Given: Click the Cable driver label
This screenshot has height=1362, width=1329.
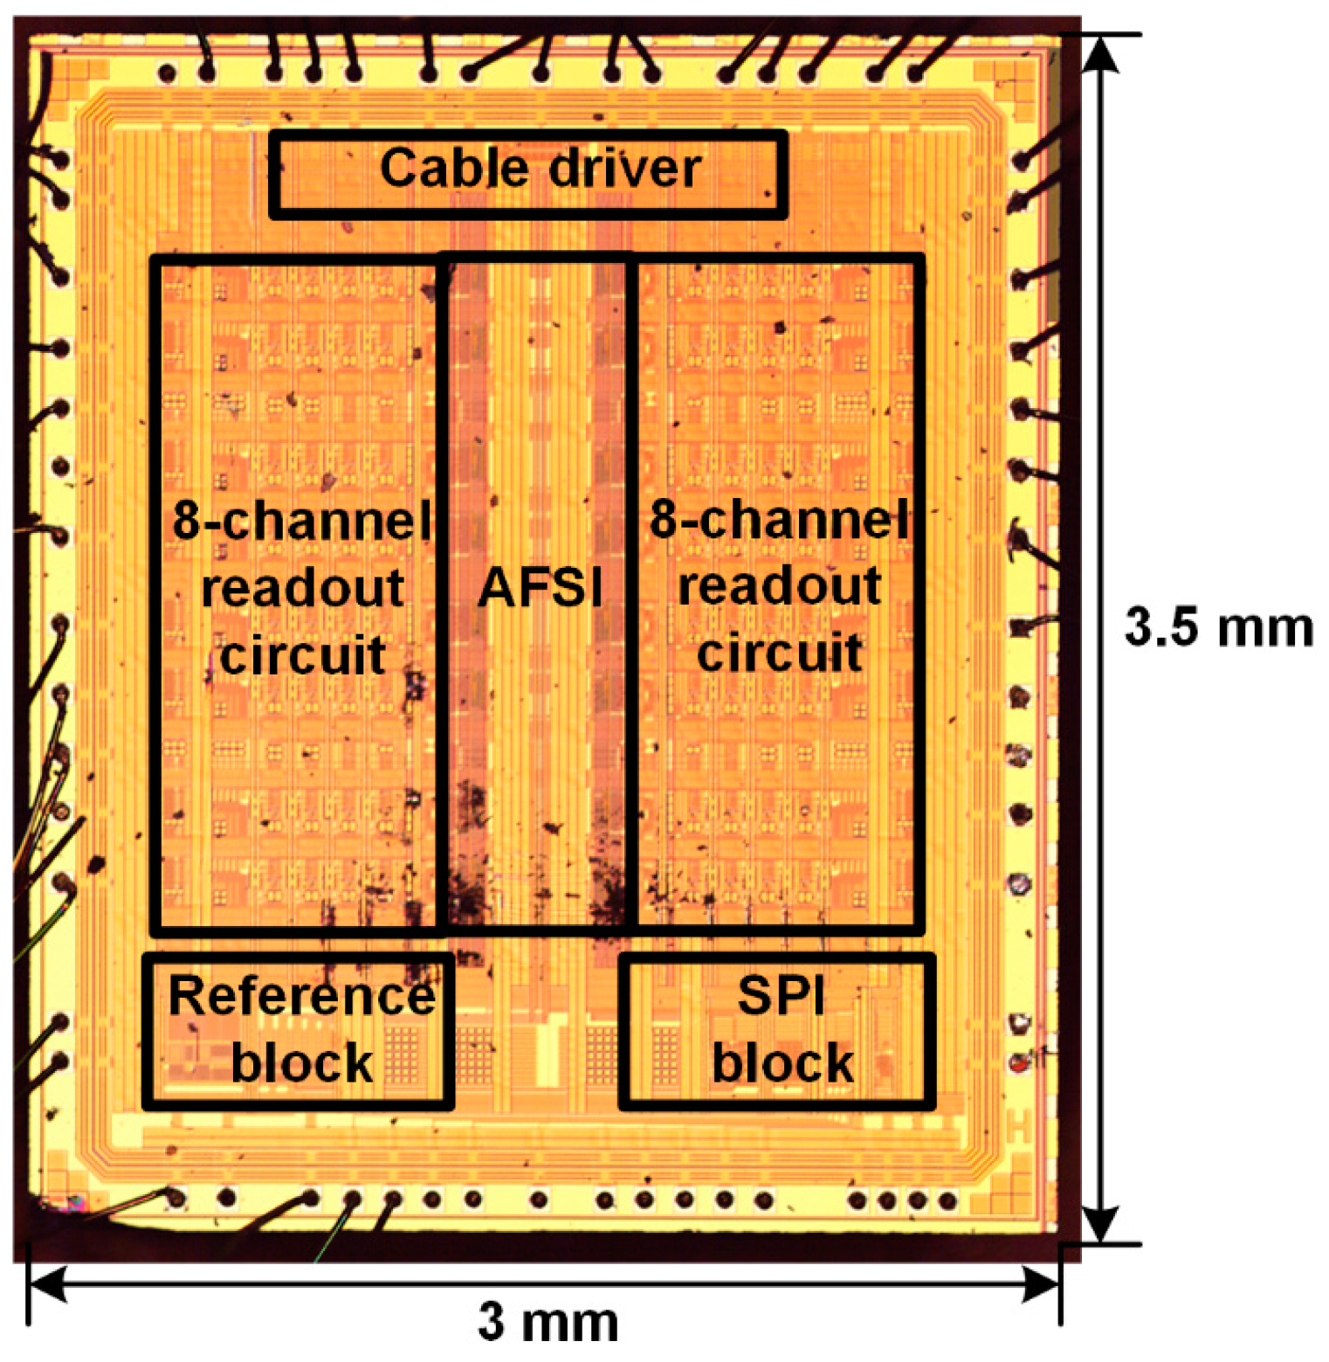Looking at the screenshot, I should pyautogui.click(x=540, y=168).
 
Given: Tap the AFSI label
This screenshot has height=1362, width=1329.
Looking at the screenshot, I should pyautogui.click(x=541, y=587).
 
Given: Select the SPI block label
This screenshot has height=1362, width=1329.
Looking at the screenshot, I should pyautogui.click(x=782, y=1029).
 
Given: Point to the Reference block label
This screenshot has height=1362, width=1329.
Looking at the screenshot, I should pyautogui.click(x=301, y=1029).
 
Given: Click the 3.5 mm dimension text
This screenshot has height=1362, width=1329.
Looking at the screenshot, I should pyautogui.click(x=1218, y=627).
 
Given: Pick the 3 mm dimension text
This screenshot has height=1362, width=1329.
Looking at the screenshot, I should pyautogui.click(x=547, y=1322).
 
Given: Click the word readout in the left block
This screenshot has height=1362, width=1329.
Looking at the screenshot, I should pyautogui.click(x=302, y=587).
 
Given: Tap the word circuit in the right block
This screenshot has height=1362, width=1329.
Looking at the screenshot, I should pyautogui.click(x=780, y=653).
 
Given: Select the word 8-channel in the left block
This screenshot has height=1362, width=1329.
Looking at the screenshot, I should pyautogui.click(x=302, y=521).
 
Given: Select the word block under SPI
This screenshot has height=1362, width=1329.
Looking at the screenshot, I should pyautogui.click(x=782, y=1063).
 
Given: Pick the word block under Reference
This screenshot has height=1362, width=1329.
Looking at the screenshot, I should pyautogui.click(x=302, y=1063).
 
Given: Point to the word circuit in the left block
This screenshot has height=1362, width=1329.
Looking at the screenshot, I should pyautogui.click(x=302, y=654).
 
